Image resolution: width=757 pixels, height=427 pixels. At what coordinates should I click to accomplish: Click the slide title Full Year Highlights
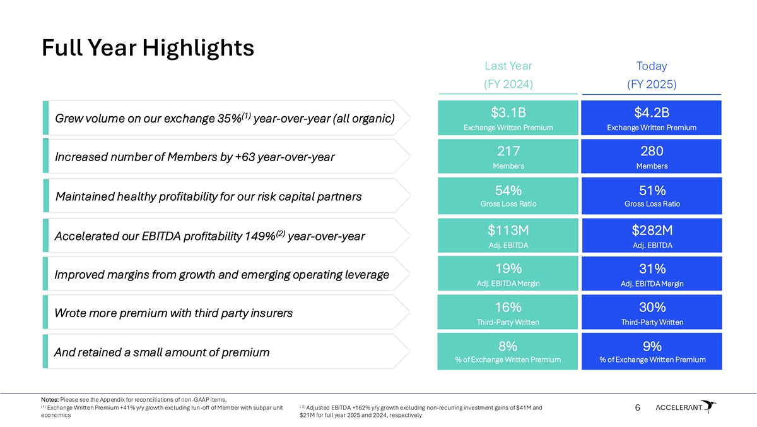click(148, 47)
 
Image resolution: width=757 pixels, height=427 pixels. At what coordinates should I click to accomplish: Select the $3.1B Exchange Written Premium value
click(508, 113)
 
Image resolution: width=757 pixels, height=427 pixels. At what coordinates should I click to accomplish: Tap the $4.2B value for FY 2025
click(652, 113)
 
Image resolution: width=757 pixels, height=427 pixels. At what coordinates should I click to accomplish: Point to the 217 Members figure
click(508, 152)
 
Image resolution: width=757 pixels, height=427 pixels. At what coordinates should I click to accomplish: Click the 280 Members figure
click(652, 152)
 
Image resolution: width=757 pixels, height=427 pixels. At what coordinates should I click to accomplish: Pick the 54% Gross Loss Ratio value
click(508, 190)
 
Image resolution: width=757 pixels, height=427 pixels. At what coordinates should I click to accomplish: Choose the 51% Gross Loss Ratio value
click(652, 190)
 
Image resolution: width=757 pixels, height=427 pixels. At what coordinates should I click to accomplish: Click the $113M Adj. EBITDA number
click(508, 230)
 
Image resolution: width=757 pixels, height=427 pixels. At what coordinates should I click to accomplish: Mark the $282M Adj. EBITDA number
click(652, 230)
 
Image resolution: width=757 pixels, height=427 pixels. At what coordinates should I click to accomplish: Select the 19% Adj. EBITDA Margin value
click(508, 268)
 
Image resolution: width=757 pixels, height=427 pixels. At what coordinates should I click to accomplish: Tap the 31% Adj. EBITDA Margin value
click(652, 268)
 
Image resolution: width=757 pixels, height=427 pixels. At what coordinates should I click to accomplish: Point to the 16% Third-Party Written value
click(508, 308)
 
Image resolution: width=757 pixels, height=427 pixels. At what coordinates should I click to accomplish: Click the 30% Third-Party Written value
click(652, 308)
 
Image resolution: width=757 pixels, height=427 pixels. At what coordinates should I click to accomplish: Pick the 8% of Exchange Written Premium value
click(508, 346)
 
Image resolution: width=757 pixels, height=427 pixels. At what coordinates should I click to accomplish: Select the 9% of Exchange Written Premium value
click(652, 346)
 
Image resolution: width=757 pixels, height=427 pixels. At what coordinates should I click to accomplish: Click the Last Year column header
click(508, 66)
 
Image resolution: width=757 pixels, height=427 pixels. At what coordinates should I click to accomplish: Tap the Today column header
click(652, 66)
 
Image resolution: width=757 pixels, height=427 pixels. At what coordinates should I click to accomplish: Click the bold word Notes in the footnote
click(49, 399)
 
